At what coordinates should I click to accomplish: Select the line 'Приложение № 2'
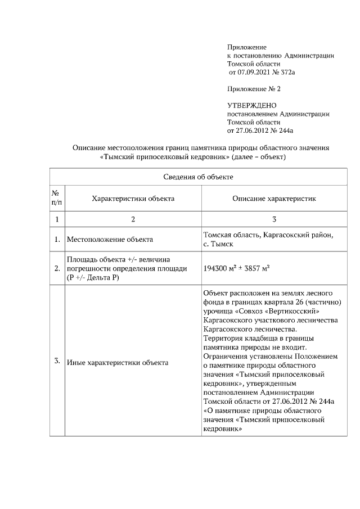253,89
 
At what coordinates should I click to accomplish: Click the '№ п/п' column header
57,199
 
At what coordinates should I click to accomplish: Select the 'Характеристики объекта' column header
133,199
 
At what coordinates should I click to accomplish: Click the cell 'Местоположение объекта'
110,240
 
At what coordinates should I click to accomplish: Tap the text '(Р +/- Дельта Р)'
93,277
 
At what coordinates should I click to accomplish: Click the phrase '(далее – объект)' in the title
260,157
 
